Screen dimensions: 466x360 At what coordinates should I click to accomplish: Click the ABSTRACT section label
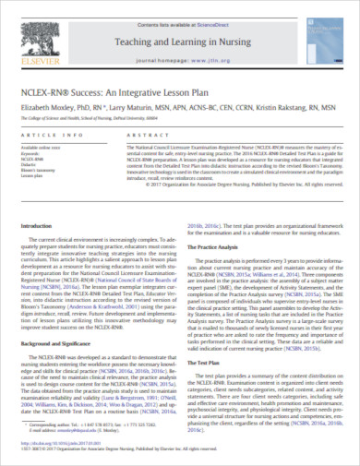tap(140, 135)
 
